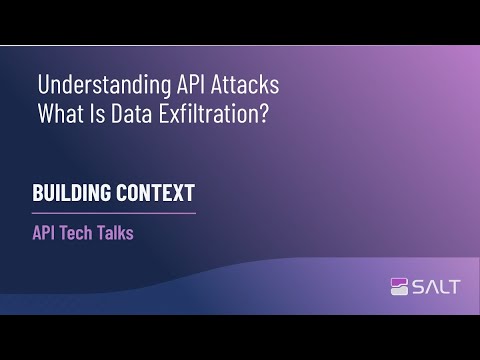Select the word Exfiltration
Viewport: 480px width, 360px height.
214,113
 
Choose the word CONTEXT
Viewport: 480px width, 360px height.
158,193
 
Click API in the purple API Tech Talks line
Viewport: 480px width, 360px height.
46,234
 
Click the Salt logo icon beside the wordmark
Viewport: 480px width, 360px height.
400,287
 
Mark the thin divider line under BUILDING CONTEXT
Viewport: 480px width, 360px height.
114,212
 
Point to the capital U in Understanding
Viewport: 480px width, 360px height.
42,84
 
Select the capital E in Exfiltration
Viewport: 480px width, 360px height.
169,113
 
